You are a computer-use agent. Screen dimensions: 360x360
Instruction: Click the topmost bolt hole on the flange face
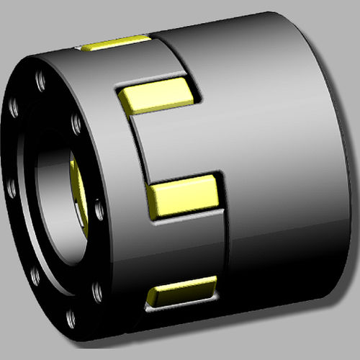tap(40, 77)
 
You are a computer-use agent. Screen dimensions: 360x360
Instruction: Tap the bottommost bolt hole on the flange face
tap(71, 318)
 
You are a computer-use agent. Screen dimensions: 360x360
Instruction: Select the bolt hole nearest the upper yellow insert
tap(77, 124)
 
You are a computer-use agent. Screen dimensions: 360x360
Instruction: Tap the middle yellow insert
tap(184, 195)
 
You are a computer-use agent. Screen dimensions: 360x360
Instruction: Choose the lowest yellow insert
tap(181, 291)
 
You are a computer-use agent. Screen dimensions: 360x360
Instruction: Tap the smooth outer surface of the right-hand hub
tap(281, 144)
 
